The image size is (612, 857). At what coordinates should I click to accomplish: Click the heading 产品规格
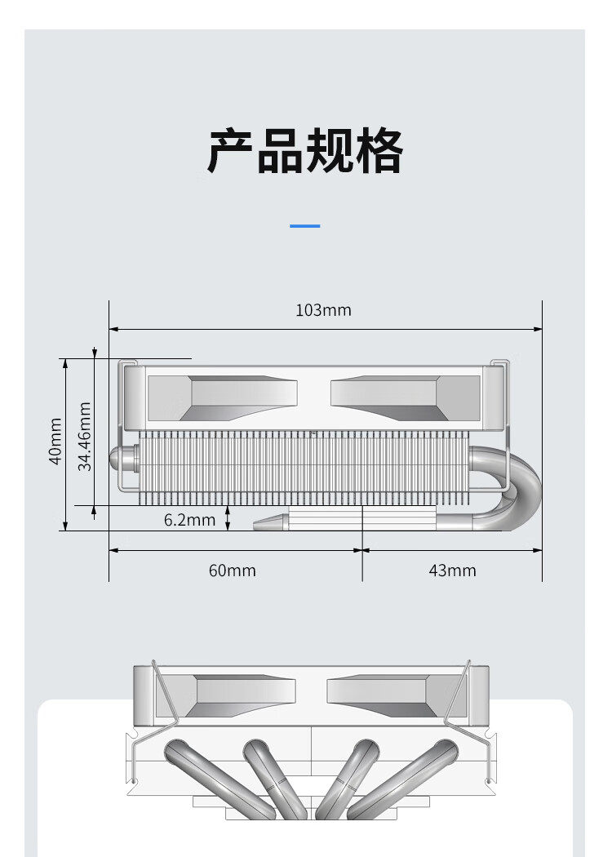pos(305,152)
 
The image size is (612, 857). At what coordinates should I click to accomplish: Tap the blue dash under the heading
pos(305,225)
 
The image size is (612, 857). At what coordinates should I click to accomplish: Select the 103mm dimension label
pos(323,310)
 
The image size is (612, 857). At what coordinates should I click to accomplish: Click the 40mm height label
pos(55,442)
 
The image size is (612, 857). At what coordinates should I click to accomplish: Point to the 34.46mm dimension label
pos(84,436)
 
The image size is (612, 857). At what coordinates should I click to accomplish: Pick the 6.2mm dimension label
pos(189,520)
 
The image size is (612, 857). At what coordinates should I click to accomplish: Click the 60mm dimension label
pos(232,571)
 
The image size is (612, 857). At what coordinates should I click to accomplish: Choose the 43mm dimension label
pos(452,571)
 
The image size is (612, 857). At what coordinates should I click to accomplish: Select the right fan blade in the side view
pos(392,397)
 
